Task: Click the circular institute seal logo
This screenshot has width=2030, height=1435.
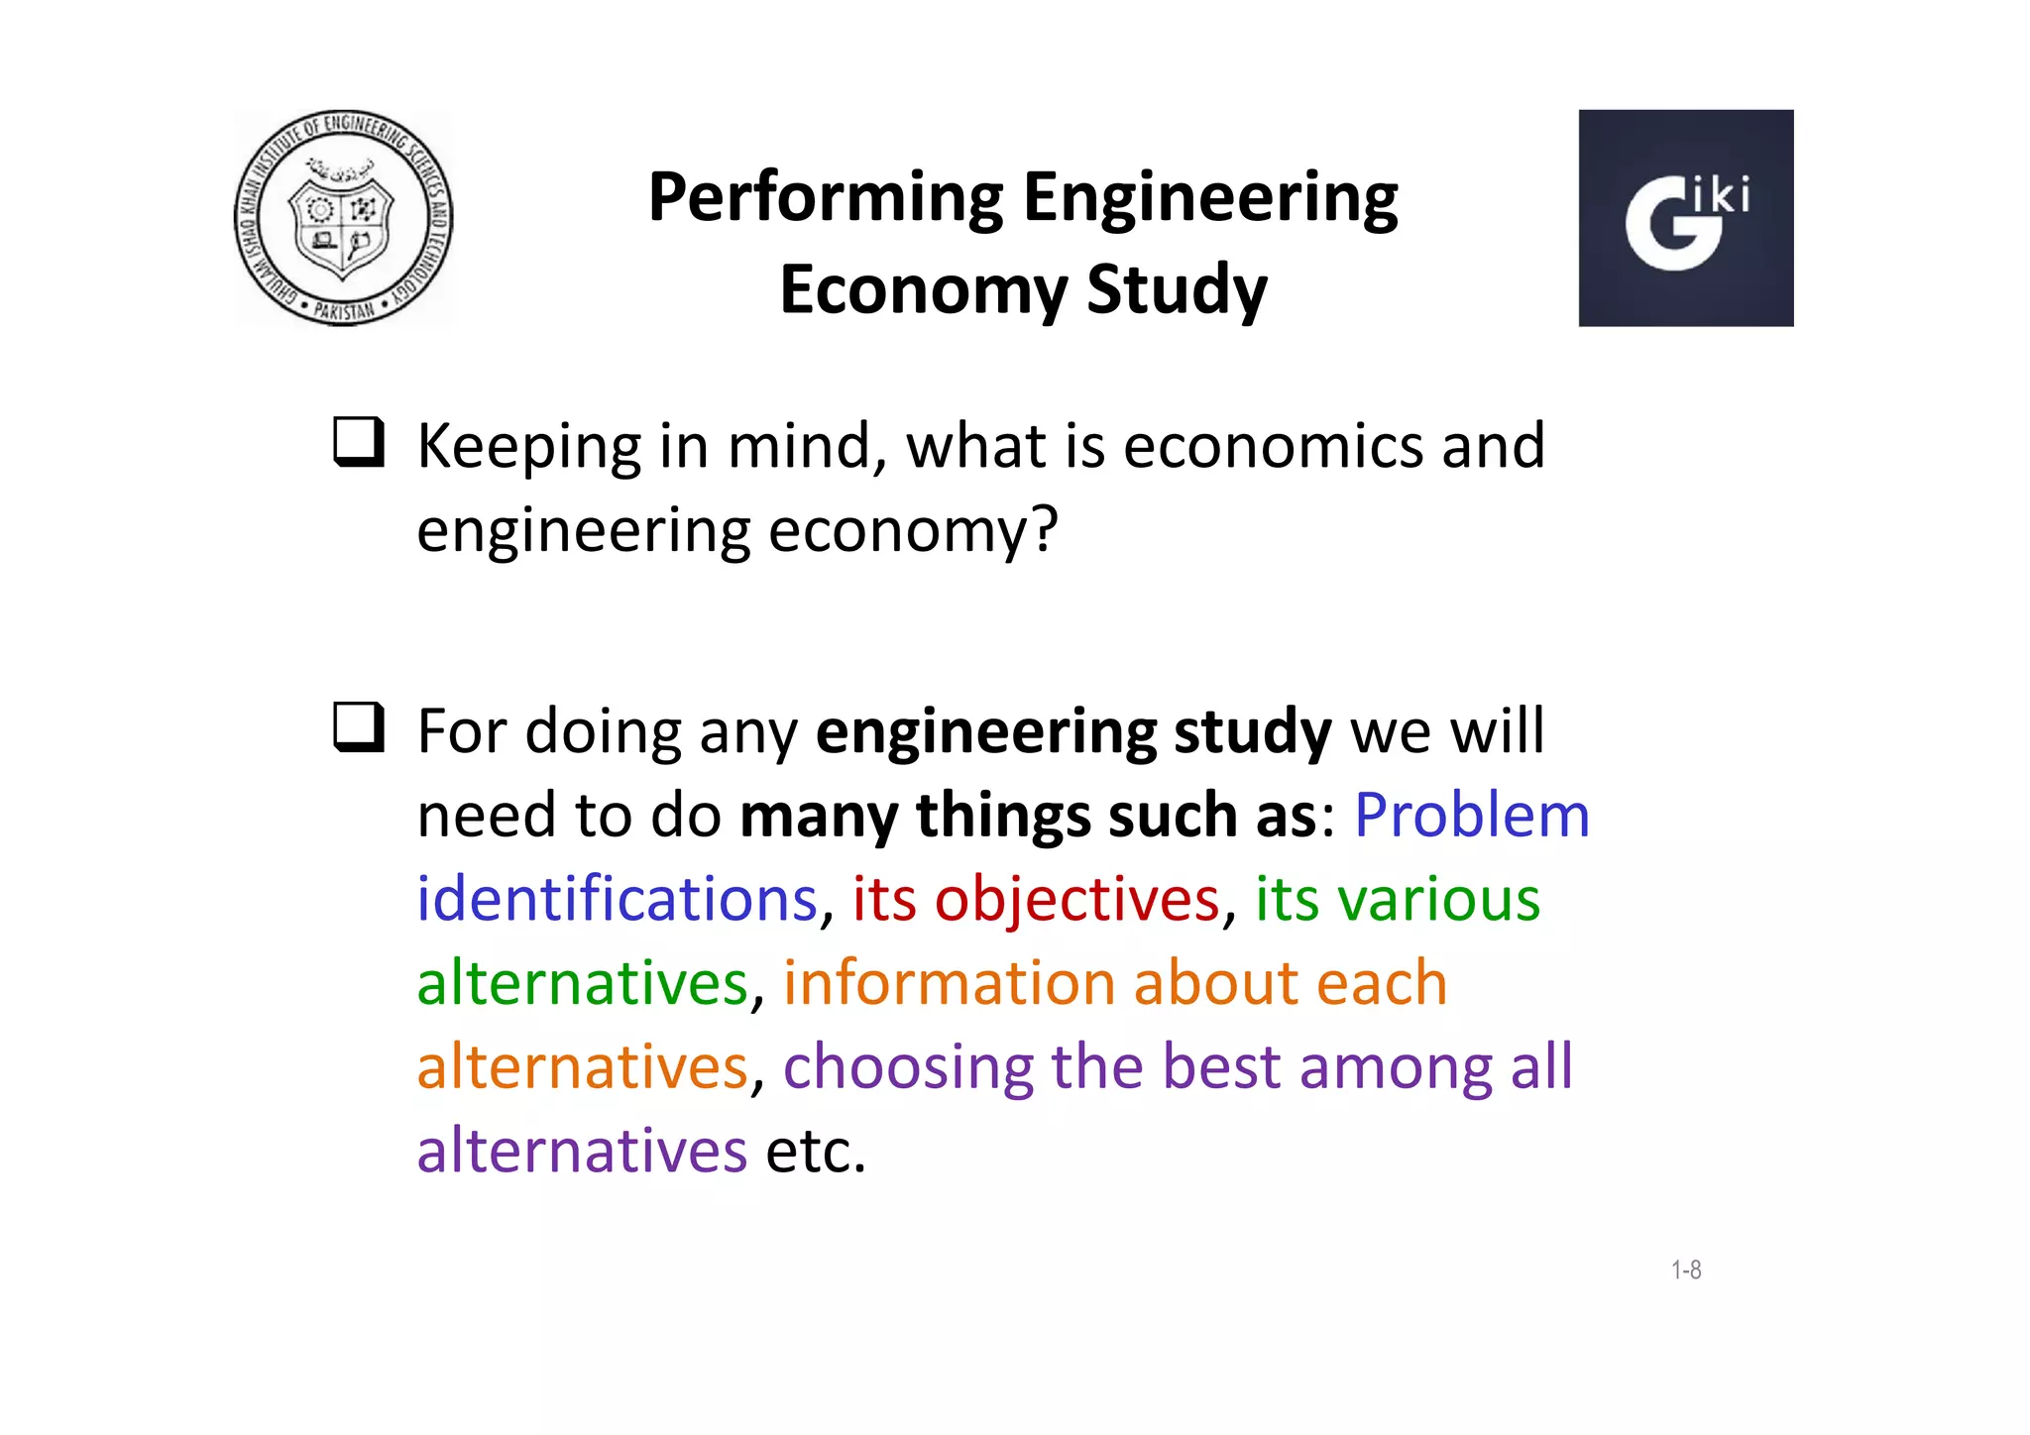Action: [x=343, y=218]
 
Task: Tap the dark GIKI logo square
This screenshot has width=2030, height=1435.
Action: [x=1685, y=218]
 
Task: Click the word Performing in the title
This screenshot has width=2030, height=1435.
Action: [x=826, y=198]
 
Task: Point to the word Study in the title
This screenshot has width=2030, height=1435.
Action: [x=1177, y=290]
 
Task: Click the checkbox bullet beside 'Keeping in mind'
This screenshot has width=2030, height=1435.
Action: [x=358, y=443]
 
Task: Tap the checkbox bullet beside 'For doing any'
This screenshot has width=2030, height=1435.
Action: [x=358, y=728]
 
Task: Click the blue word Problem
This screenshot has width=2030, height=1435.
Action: [x=1471, y=817]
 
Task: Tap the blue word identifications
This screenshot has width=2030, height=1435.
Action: [x=617, y=900]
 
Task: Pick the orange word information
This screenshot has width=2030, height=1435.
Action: [x=950, y=983]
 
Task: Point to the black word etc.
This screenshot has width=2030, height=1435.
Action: [x=815, y=1152]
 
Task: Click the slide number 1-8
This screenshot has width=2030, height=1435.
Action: [x=1686, y=1269]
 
